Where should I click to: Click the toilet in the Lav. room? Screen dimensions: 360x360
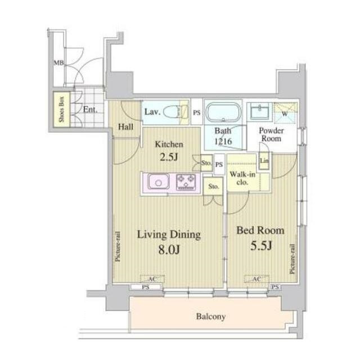click(x=175, y=112)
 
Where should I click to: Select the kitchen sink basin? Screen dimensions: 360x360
click(x=159, y=182)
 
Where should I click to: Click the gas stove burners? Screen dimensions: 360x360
click(x=186, y=182)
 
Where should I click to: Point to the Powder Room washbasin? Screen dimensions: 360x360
click(x=260, y=112)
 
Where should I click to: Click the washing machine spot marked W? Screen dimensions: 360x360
click(x=286, y=112)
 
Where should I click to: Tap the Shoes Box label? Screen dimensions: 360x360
click(x=61, y=109)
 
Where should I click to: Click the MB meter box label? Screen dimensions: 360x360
click(x=58, y=62)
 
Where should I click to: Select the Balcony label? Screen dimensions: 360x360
click(x=211, y=317)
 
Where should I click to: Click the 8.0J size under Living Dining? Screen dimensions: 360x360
click(x=169, y=250)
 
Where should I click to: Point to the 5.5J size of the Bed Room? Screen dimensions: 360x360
click(x=261, y=246)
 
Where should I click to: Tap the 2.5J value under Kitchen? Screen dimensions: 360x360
click(x=169, y=157)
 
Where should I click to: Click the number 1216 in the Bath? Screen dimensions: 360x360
click(x=223, y=141)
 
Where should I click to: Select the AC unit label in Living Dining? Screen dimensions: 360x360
click(x=152, y=279)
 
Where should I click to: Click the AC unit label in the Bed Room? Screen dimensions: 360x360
click(x=256, y=279)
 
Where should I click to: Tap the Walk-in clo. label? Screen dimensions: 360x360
click(x=242, y=178)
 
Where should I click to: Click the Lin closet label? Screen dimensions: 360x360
click(x=264, y=160)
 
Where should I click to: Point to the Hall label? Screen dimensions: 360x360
click(x=125, y=127)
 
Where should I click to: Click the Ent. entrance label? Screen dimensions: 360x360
click(x=90, y=110)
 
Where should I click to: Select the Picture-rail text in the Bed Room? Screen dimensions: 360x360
click(x=292, y=259)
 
